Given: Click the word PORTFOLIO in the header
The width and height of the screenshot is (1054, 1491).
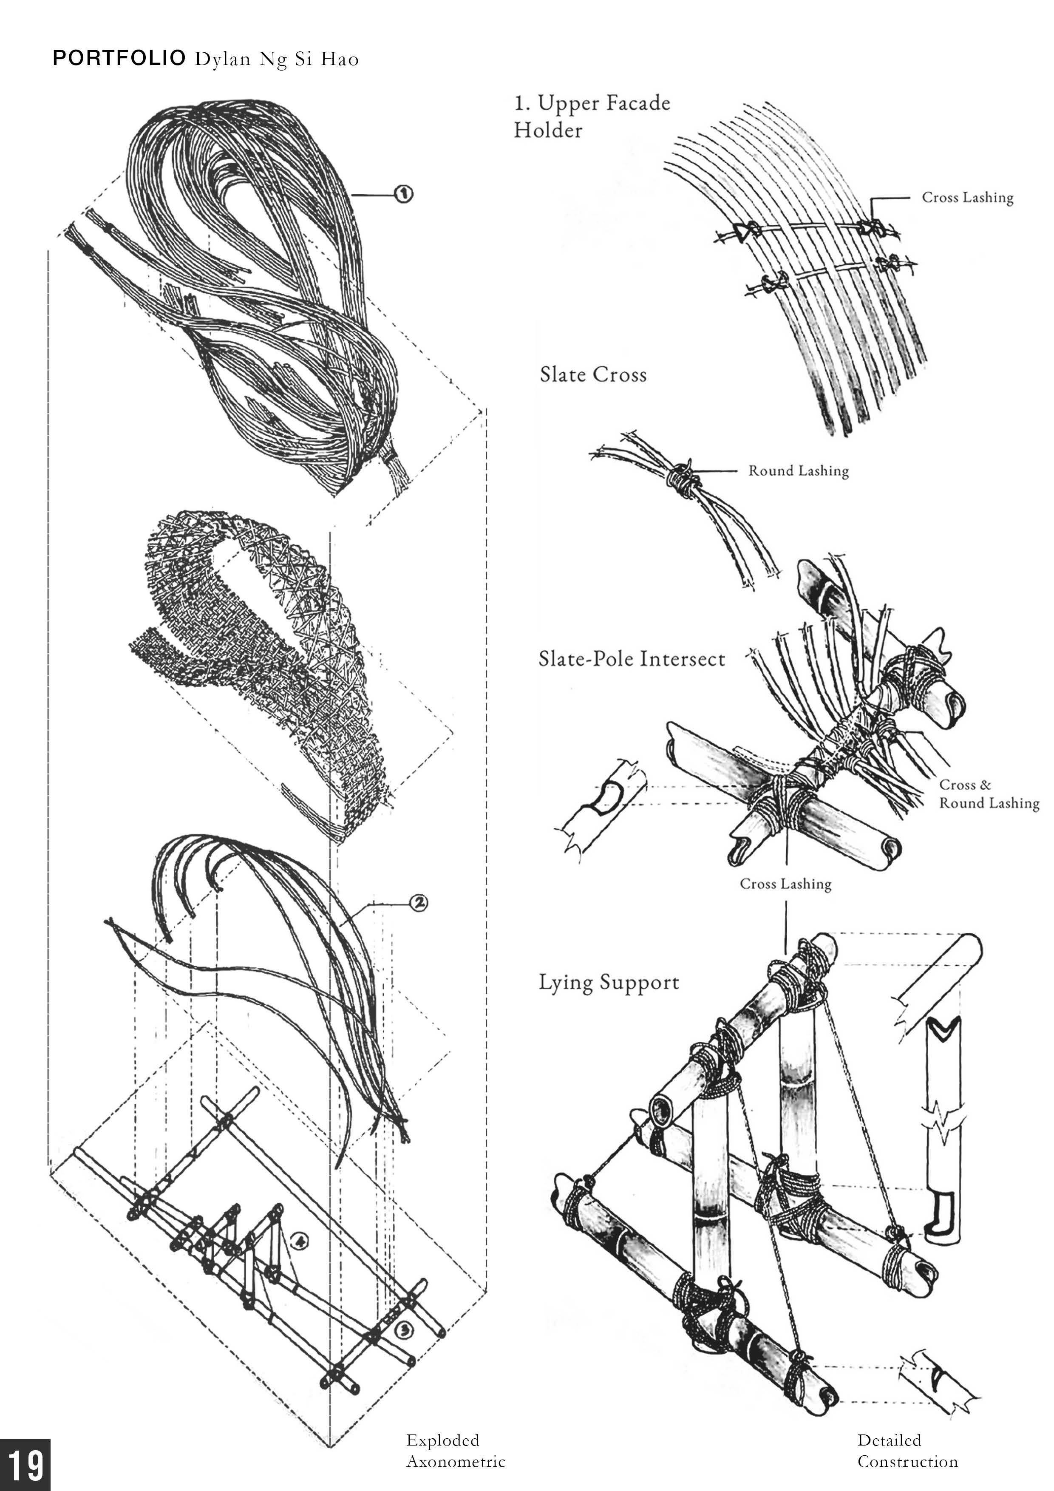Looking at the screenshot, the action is tap(119, 59).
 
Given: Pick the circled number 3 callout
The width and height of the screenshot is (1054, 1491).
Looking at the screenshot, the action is tap(402, 1331).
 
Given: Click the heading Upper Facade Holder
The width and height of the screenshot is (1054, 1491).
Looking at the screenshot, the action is tap(592, 117).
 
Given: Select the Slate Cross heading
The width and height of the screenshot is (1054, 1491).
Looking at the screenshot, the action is tap(593, 375).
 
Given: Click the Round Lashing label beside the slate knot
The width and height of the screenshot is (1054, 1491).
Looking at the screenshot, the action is tap(798, 471).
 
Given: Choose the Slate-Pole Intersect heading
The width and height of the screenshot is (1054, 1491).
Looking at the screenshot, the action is tap(631, 659).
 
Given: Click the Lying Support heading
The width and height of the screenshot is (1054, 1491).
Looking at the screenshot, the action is tap(609, 983).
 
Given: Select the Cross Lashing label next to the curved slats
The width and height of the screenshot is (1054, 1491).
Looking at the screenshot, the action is tap(968, 197).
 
